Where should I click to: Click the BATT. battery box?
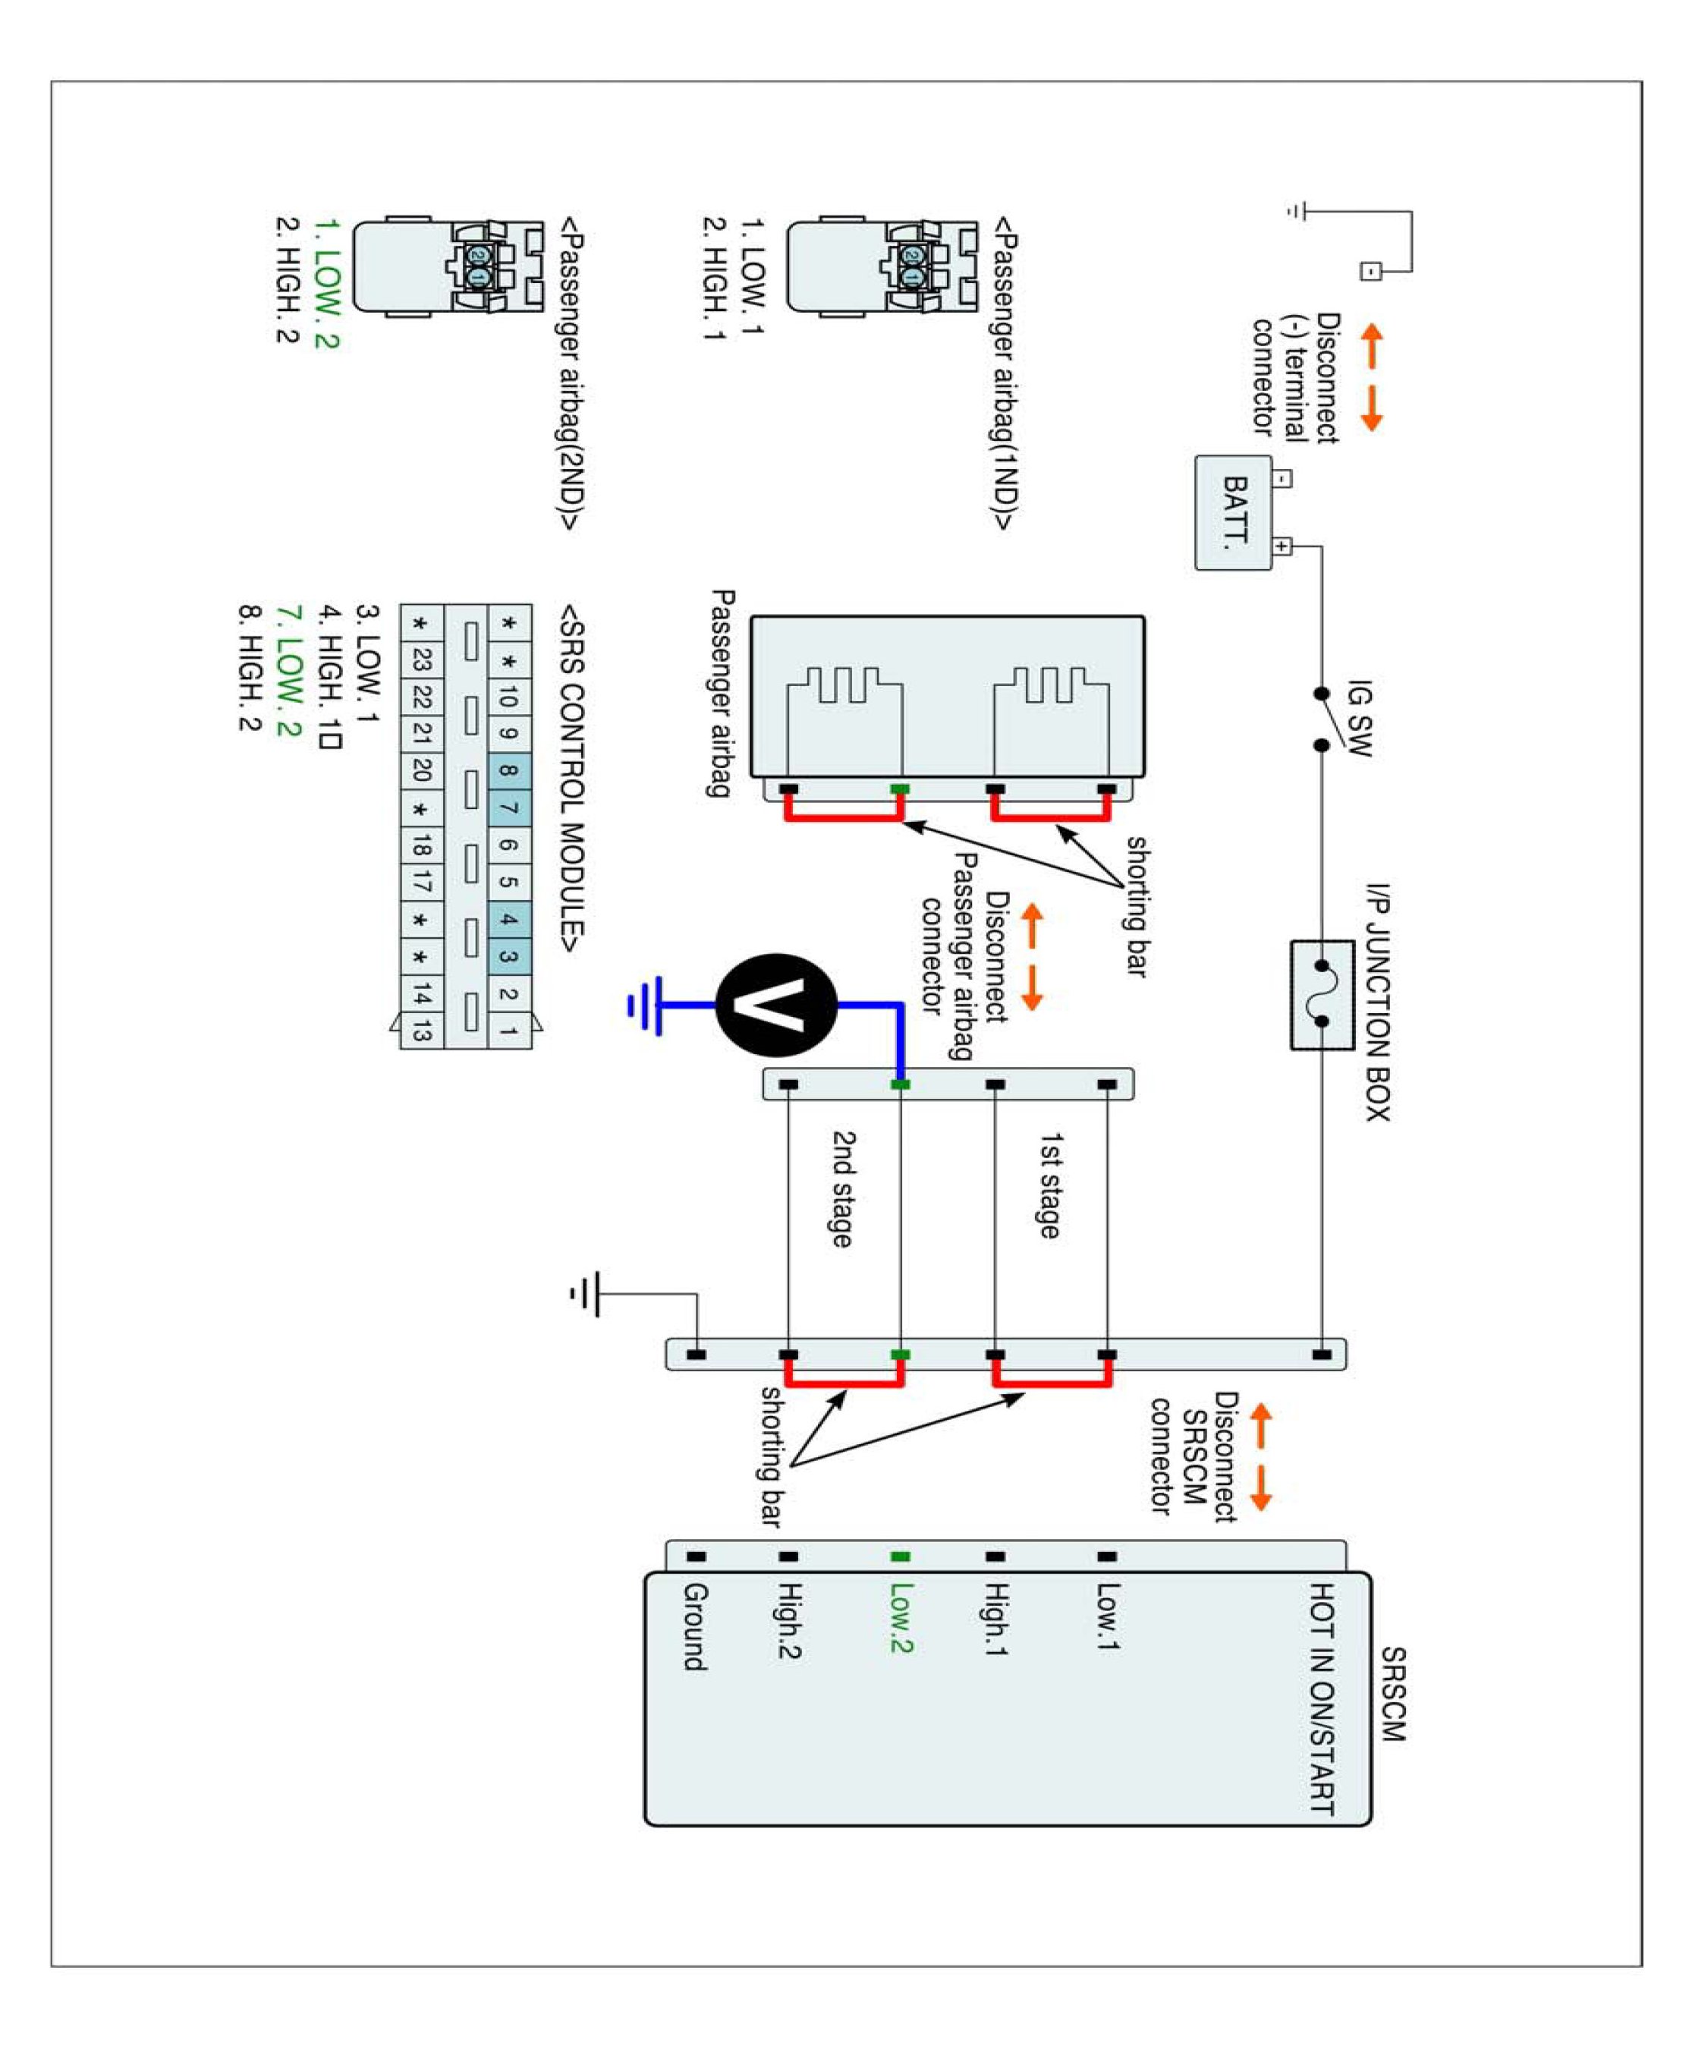point(1233,513)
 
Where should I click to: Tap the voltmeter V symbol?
point(776,1005)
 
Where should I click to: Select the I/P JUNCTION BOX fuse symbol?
point(1322,994)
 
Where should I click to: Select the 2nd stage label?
point(842,1188)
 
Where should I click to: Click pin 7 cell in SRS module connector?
point(508,808)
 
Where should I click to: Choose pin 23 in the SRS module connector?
point(421,660)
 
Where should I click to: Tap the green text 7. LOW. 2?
point(288,671)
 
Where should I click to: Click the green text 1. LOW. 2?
point(326,284)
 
